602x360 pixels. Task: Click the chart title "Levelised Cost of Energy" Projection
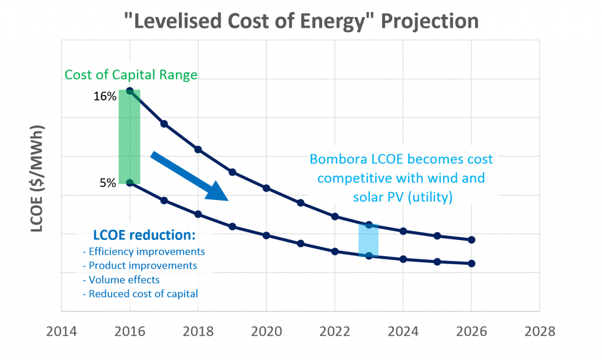click(x=300, y=21)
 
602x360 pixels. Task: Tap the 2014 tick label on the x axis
click(x=61, y=331)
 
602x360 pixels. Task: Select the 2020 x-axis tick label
click(x=266, y=331)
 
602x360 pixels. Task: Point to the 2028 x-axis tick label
click(x=540, y=331)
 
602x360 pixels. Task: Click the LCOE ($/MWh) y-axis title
click(x=38, y=178)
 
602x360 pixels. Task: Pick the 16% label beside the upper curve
click(x=105, y=96)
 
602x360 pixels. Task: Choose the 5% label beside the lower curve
click(x=108, y=183)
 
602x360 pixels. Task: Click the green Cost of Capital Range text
click(x=131, y=75)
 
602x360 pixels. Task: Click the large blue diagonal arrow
click(x=189, y=176)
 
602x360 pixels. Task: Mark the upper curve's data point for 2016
click(x=130, y=91)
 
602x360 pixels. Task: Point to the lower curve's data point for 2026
click(x=471, y=263)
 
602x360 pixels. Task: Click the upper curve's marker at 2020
click(x=266, y=188)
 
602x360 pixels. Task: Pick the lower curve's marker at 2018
click(x=198, y=214)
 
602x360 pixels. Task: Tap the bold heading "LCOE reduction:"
click(x=144, y=235)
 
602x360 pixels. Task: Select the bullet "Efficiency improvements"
click(x=146, y=251)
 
